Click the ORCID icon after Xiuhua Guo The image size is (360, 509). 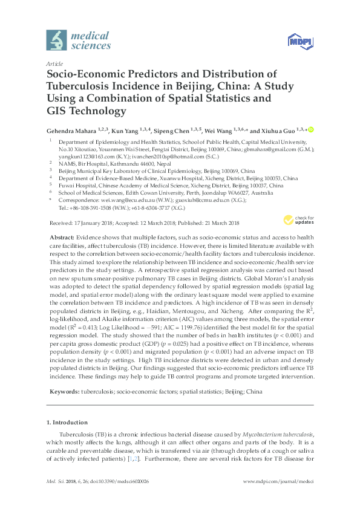click(x=312, y=130)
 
